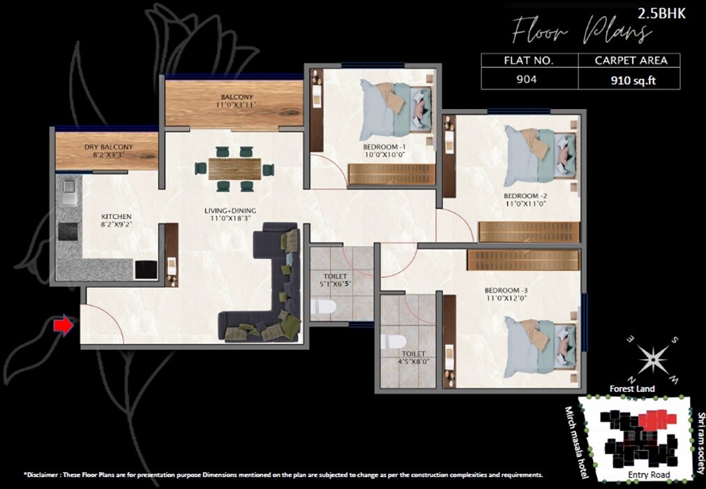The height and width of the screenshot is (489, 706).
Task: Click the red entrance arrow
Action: (x=63, y=325)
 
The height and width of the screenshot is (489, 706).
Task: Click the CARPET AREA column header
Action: (x=631, y=61)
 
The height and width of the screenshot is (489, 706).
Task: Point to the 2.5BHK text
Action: (x=666, y=12)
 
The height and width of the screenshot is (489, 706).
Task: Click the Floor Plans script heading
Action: (x=581, y=31)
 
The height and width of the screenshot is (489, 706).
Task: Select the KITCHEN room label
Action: (x=116, y=217)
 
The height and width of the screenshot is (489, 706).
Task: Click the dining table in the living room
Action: (x=234, y=168)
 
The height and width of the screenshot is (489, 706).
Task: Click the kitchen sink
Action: (x=68, y=188)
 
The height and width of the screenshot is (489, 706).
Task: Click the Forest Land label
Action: (x=631, y=389)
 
